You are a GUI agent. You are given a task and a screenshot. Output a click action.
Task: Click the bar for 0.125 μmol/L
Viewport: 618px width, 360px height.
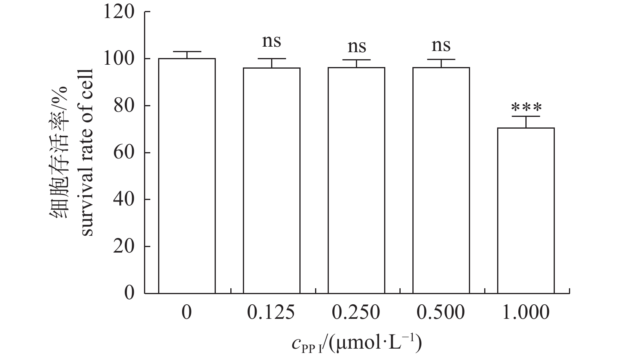[x=272, y=180]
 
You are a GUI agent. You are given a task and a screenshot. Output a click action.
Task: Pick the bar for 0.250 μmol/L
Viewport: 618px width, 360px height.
[x=356, y=180]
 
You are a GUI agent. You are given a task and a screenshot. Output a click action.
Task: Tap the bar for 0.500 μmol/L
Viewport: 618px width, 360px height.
[x=441, y=180]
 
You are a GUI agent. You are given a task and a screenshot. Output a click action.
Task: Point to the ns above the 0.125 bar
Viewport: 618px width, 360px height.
[x=272, y=41]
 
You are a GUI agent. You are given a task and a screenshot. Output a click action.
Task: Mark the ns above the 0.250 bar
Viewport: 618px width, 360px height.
[x=357, y=47]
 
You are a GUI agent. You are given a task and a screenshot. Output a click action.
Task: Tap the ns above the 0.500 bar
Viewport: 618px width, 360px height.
[x=441, y=46]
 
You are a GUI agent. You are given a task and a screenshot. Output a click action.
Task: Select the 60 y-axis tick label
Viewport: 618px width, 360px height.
[x=124, y=153]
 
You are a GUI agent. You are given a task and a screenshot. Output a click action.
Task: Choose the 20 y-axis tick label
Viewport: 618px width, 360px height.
[x=124, y=246]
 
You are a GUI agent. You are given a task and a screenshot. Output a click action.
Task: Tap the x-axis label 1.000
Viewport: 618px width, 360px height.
[x=525, y=313]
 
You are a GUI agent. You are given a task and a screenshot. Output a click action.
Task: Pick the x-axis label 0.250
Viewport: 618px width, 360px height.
[x=356, y=313]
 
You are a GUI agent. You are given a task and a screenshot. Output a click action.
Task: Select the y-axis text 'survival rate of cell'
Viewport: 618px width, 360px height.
[x=87, y=153]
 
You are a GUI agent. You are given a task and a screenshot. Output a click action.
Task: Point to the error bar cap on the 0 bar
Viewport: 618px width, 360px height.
[x=187, y=52]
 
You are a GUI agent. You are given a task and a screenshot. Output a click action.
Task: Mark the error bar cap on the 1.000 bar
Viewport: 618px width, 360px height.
[x=526, y=116]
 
